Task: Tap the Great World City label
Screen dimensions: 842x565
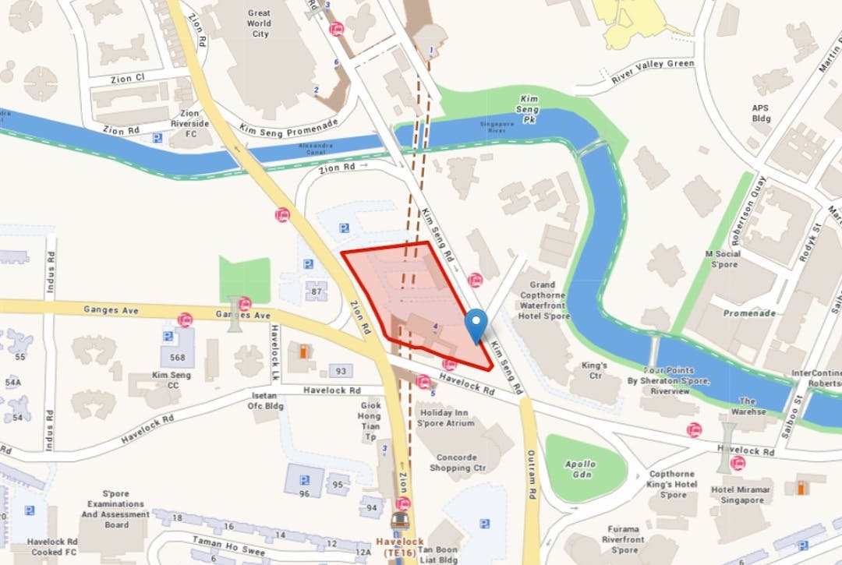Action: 259,23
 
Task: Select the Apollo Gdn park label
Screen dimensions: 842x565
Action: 581,469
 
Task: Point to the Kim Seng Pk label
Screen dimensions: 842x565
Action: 529,104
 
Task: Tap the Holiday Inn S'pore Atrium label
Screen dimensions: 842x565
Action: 446,418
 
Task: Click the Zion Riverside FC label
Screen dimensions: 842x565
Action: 190,124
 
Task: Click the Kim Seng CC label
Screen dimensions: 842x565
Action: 171,380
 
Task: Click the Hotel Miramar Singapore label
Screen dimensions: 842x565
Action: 740,495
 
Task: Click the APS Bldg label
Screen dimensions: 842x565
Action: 760,114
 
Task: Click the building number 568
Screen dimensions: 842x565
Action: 177,358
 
